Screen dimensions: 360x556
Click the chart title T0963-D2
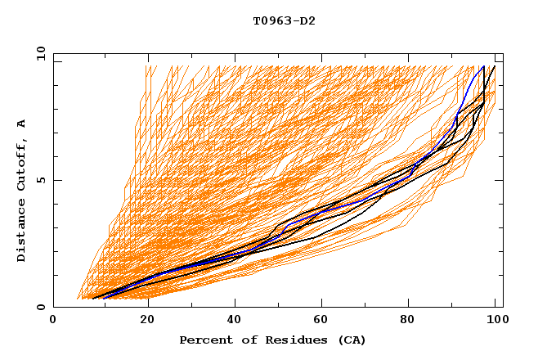[x=278, y=20]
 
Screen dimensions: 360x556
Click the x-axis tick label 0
[x=53, y=322]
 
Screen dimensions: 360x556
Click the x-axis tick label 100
[x=495, y=322]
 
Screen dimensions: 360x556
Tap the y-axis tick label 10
[x=39, y=53]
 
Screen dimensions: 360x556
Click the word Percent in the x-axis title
[x=205, y=340]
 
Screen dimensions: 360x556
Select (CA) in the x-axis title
[x=351, y=340]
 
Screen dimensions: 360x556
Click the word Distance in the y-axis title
[x=22, y=231]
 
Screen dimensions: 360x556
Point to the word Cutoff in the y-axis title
[x=22, y=161]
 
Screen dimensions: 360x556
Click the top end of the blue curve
[x=484, y=66]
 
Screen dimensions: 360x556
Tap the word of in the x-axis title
[x=245, y=340]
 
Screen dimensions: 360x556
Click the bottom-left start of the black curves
[x=92, y=299]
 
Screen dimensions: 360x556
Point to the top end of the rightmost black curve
[x=494, y=66]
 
